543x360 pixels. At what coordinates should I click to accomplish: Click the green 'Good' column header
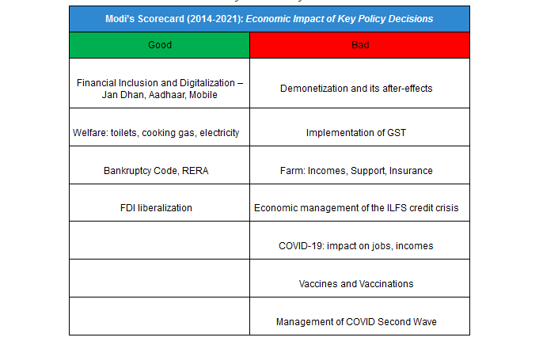click(x=159, y=45)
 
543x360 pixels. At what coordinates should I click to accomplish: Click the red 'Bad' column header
click(x=359, y=45)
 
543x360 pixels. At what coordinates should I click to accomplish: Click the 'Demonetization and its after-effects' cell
click(x=356, y=89)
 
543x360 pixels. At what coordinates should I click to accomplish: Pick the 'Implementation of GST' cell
click(x=356, y=132)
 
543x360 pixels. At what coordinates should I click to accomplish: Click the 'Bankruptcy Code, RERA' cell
click(x=159, y=170)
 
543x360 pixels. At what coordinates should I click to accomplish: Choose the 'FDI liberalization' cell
click(x=159, y=208)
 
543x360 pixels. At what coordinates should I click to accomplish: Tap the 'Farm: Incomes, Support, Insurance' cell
click(x=356, y=170)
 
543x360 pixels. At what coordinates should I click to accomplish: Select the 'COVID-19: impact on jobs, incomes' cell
click(x=356, y=246)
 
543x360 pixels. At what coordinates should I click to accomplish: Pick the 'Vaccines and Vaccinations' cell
click(x=356, y=284)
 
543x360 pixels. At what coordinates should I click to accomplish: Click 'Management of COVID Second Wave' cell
click(x=356, y=322)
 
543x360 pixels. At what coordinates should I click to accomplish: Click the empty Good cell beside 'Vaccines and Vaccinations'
click(x=159, y=279)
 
